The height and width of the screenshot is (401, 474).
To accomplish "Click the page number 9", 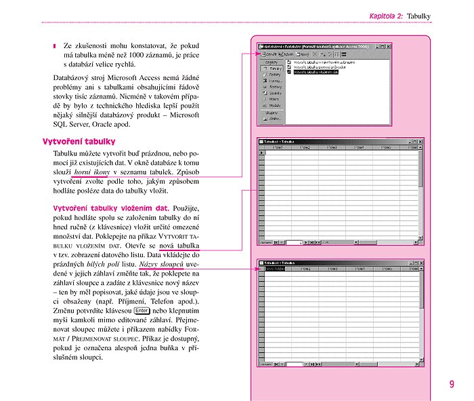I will click(x=452, y=385).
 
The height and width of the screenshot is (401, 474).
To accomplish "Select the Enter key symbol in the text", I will click(x=141, y=311).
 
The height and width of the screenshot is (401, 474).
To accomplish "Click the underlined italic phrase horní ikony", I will click(x=92, y=174).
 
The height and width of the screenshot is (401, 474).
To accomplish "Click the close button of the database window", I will click(x=388, y=47).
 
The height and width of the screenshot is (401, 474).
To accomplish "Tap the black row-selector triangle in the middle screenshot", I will click(x=262, y=153).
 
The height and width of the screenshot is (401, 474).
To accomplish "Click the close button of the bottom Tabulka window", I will click(x=421, y=262).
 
